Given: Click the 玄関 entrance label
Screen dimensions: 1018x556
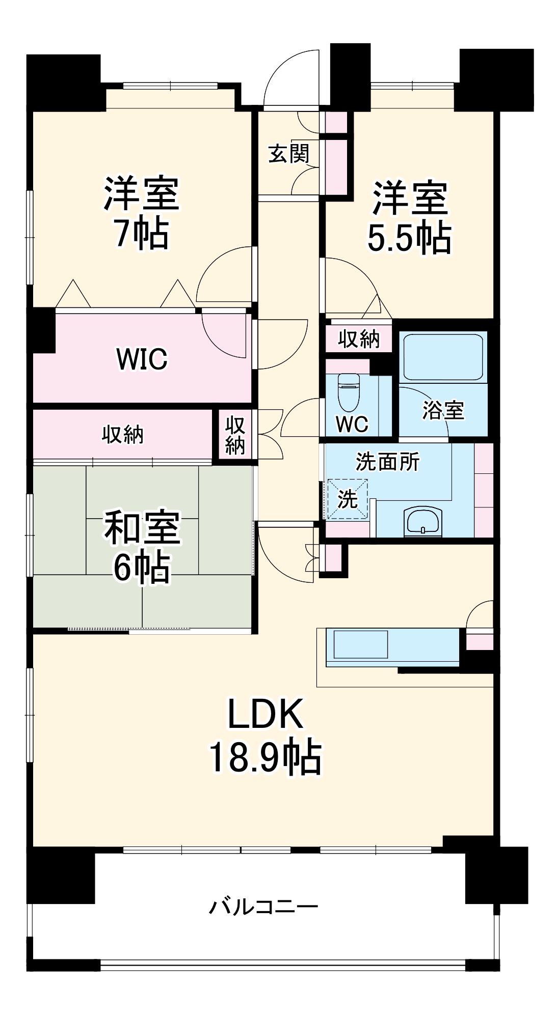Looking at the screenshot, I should (289, 154).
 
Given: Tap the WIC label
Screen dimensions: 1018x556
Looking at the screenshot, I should (142, 359).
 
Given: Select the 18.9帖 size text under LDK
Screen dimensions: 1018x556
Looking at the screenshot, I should (265, 757).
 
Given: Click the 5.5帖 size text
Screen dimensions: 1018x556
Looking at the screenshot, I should (409, 238).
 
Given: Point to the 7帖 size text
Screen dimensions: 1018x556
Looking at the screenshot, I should (142, 234).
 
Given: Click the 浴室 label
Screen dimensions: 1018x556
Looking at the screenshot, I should (443, 410).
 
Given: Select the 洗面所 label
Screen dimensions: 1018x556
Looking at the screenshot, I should (387, 462).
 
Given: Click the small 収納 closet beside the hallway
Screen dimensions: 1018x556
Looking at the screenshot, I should (235, 435).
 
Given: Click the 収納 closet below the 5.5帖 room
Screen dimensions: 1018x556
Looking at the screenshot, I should (359, 339).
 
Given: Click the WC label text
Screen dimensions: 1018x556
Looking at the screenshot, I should (352, 423).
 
